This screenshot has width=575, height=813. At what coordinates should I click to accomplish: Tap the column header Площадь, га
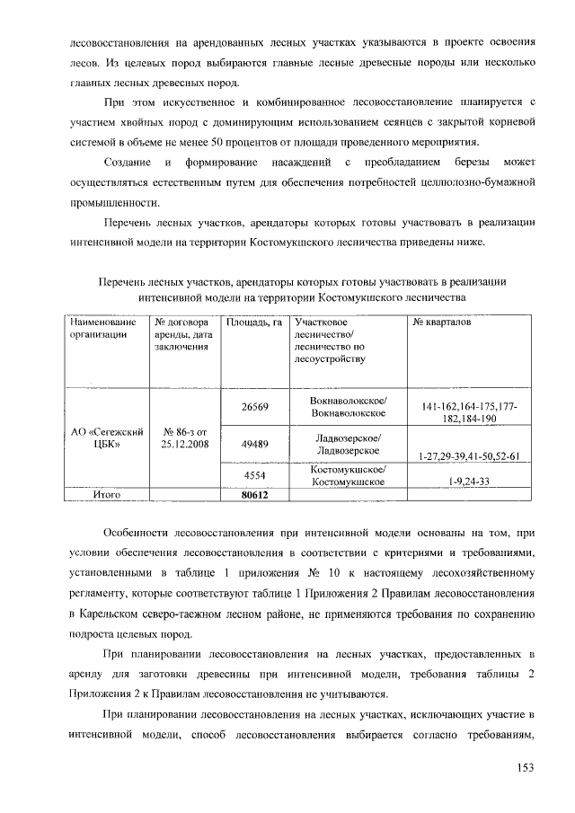(254, 322)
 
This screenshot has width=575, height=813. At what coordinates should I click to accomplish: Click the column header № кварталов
(440, 322)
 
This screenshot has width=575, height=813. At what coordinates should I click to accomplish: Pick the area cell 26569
(254, 407)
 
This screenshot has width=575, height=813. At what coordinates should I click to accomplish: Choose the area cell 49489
(254, 444)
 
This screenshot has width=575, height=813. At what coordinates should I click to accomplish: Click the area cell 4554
(254, 475)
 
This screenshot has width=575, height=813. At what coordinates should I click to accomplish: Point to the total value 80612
(255, 493)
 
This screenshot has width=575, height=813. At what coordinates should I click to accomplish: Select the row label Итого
(108, 493)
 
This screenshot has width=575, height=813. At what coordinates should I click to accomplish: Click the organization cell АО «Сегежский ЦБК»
(108, 437)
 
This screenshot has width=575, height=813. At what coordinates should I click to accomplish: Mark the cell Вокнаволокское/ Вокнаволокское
(348, 406)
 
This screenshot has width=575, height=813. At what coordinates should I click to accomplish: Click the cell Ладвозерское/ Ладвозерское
(348, 444)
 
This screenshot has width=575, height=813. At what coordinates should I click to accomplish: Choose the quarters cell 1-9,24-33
(464, 482)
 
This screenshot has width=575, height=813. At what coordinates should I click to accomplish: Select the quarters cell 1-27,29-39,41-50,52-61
(464, 456)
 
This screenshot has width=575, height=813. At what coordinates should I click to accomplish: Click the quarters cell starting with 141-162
(464, 413)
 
